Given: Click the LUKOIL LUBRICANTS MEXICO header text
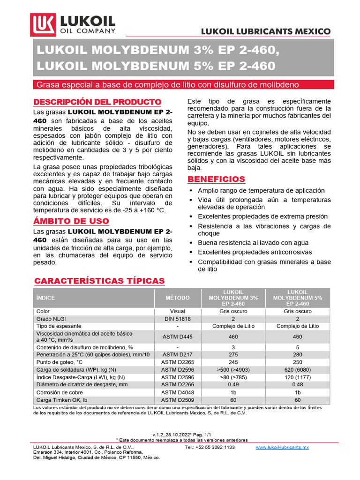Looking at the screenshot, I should [266, 31].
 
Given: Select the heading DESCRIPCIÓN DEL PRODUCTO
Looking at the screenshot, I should [97, 102].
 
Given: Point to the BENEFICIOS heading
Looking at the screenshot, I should [216, 180].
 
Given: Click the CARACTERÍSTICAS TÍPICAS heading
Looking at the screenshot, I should [99, 281].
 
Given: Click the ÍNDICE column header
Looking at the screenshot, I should [45, 298].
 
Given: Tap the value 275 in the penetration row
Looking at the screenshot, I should [233, 355].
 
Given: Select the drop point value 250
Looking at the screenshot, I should [297, 362].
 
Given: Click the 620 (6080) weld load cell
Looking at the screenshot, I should [297, 369].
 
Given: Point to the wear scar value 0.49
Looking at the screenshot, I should [233, 384].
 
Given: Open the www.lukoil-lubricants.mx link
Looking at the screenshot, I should [282, 448].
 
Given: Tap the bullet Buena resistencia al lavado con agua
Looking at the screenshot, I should [253, 243].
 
